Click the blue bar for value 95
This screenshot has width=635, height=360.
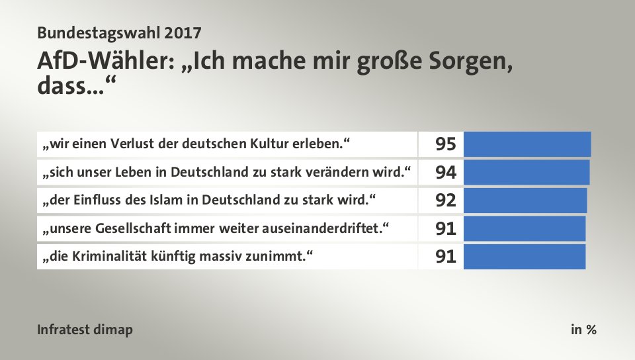coord(527,144)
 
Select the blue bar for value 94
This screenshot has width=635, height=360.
coord(527,173)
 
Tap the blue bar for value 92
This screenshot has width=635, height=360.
coord(525,201)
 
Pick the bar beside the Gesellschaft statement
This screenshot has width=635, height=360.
coord(525,228)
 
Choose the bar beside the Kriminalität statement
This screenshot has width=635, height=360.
coord(525,256)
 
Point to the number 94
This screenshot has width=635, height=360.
coord(446,173)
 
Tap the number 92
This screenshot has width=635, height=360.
coord(446,201)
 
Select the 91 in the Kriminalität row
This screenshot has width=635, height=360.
coord(446,257)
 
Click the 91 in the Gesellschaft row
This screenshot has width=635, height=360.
coord(446,229)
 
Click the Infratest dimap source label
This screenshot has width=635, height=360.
coord(85,330)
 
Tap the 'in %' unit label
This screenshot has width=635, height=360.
coord(583,330)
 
